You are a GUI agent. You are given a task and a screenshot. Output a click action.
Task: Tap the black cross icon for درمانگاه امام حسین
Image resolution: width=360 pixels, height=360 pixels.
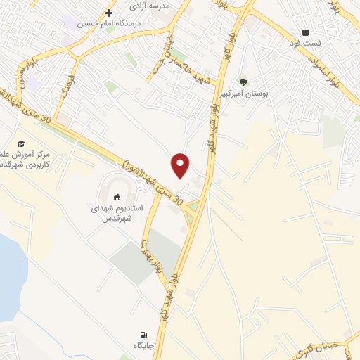tap(109, 13)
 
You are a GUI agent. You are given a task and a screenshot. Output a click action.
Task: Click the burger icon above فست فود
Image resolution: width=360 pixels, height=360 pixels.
tap(306, 32)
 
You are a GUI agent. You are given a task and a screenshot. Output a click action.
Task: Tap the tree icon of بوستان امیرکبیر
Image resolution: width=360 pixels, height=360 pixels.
tap(243, 82)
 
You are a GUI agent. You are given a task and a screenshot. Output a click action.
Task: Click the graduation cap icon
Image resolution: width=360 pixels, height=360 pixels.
tap(22, 143)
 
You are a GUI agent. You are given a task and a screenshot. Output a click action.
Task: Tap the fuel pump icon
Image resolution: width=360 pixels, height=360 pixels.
tap(144, 335)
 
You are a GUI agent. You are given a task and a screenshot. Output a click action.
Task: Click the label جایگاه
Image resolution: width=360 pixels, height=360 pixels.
tap(143, 347)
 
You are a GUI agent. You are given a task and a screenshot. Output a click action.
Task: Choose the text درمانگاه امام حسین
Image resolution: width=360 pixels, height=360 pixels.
tap(110, 24)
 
